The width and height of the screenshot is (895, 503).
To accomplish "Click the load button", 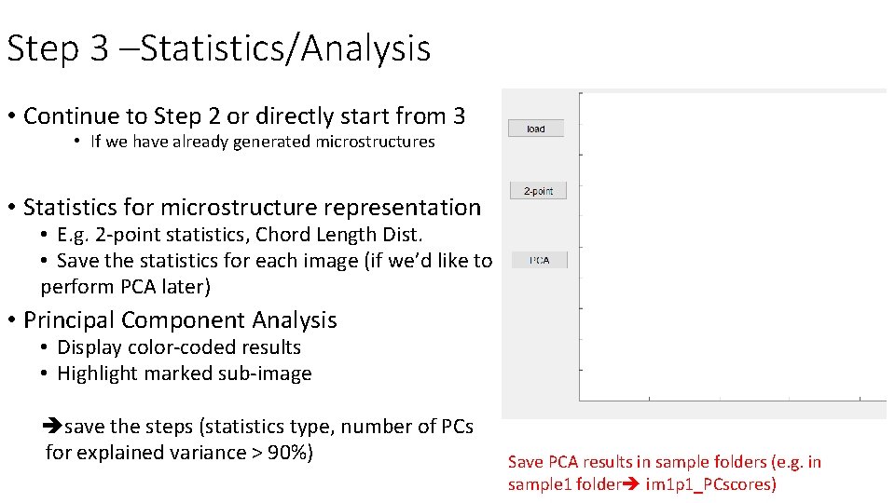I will click(x=536, y=129).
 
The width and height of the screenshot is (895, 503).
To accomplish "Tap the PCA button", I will click(x=539, y=261).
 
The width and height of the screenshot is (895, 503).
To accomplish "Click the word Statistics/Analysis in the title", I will click(x=285, y=48).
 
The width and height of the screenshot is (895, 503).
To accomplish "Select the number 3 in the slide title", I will click(x=100, y=48).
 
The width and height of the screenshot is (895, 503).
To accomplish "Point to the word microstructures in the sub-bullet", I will click(x=375, y=142).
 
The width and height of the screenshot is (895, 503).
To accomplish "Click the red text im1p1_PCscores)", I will click(x=710, y=484).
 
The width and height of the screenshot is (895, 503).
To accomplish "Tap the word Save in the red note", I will click(x=526, y=462).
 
